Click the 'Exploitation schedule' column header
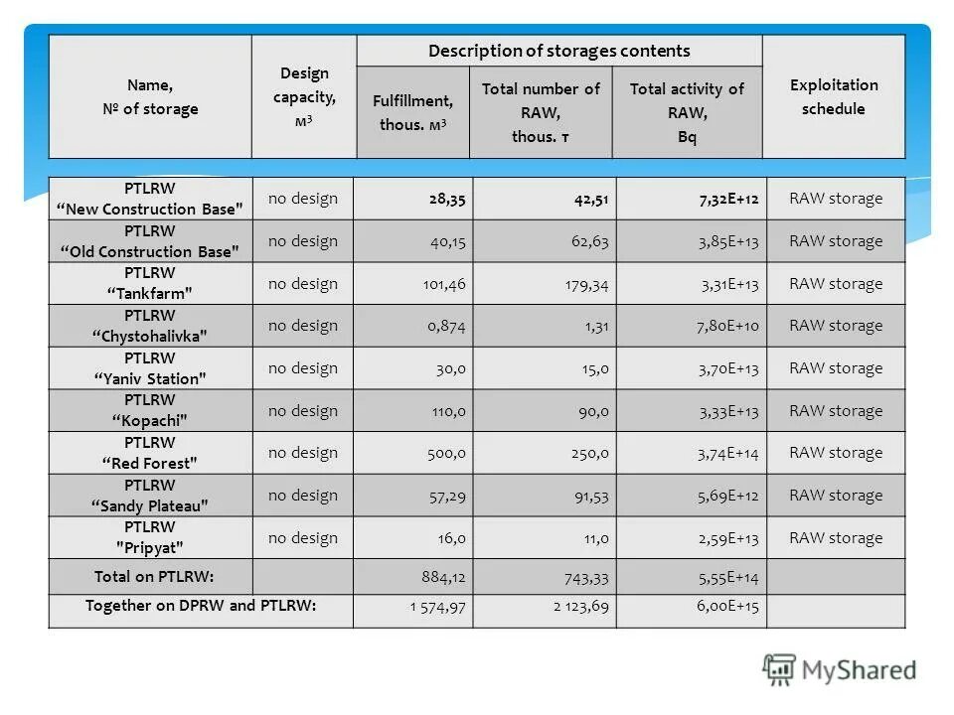834,97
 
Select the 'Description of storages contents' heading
558,51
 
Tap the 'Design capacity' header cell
304,97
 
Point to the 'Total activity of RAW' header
687,112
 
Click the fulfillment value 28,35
447,199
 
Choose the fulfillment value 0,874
447,326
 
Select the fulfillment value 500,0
445,453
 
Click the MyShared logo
840,670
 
